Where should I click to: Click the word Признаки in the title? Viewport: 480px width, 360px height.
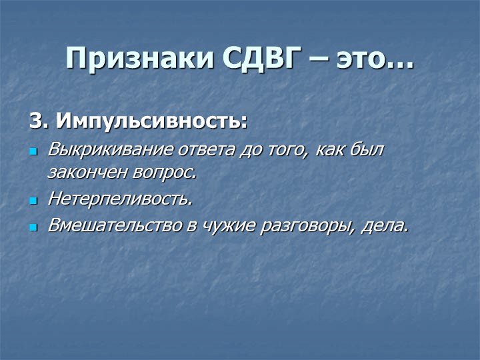(139, 58)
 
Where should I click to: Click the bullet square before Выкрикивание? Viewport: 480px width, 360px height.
(33, 151)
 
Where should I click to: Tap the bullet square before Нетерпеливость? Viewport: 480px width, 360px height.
(33, 201)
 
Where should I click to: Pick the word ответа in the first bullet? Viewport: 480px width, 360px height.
(207, 150)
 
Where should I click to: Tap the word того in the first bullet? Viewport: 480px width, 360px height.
(287, 151)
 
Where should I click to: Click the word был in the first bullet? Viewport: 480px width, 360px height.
(366, 150)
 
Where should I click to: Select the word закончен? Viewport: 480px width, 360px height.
(87, 173)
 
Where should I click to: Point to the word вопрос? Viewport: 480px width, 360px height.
(164, 174)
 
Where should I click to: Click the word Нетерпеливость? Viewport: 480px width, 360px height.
(120, 199)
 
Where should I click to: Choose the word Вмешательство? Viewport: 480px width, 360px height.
(115, 226)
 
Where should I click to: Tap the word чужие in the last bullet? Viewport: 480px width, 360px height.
(228, 227)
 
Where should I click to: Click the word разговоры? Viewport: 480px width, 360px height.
(308, 227)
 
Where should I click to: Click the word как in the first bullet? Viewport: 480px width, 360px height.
(327, 151)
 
